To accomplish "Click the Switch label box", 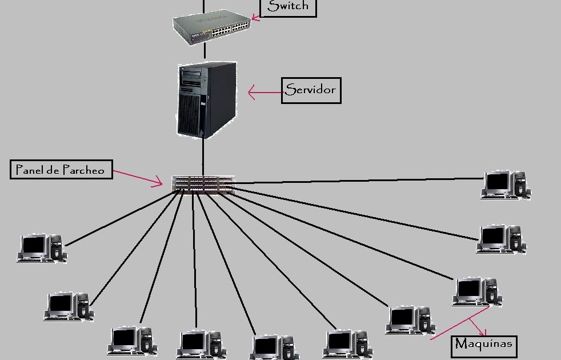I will click(x=288, y=7).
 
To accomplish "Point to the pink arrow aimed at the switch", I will click(x=255, y=18).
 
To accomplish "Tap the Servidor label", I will click(x=311, y=90).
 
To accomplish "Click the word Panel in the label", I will click(x=29, y=170).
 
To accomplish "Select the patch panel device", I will click(x=203, y=184).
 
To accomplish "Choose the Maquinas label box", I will click(x=484, y=345).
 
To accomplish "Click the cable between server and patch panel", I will click(x=203, y=157).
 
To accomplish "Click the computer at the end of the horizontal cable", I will click(x=506, y=185).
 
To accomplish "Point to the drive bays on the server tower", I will click(x=192, y=79).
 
